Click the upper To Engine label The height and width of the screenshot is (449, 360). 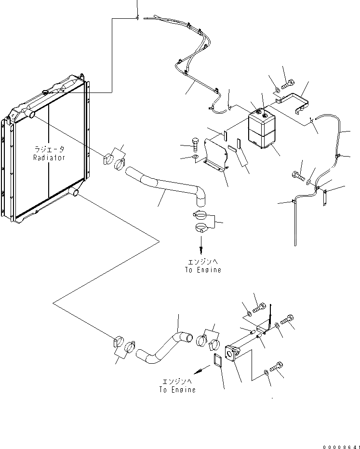(203, 270)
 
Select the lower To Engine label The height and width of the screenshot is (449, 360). (177, 389)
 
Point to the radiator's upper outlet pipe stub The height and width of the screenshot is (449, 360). (30, 114)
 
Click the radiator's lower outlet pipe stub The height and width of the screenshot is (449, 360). (74, 193)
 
